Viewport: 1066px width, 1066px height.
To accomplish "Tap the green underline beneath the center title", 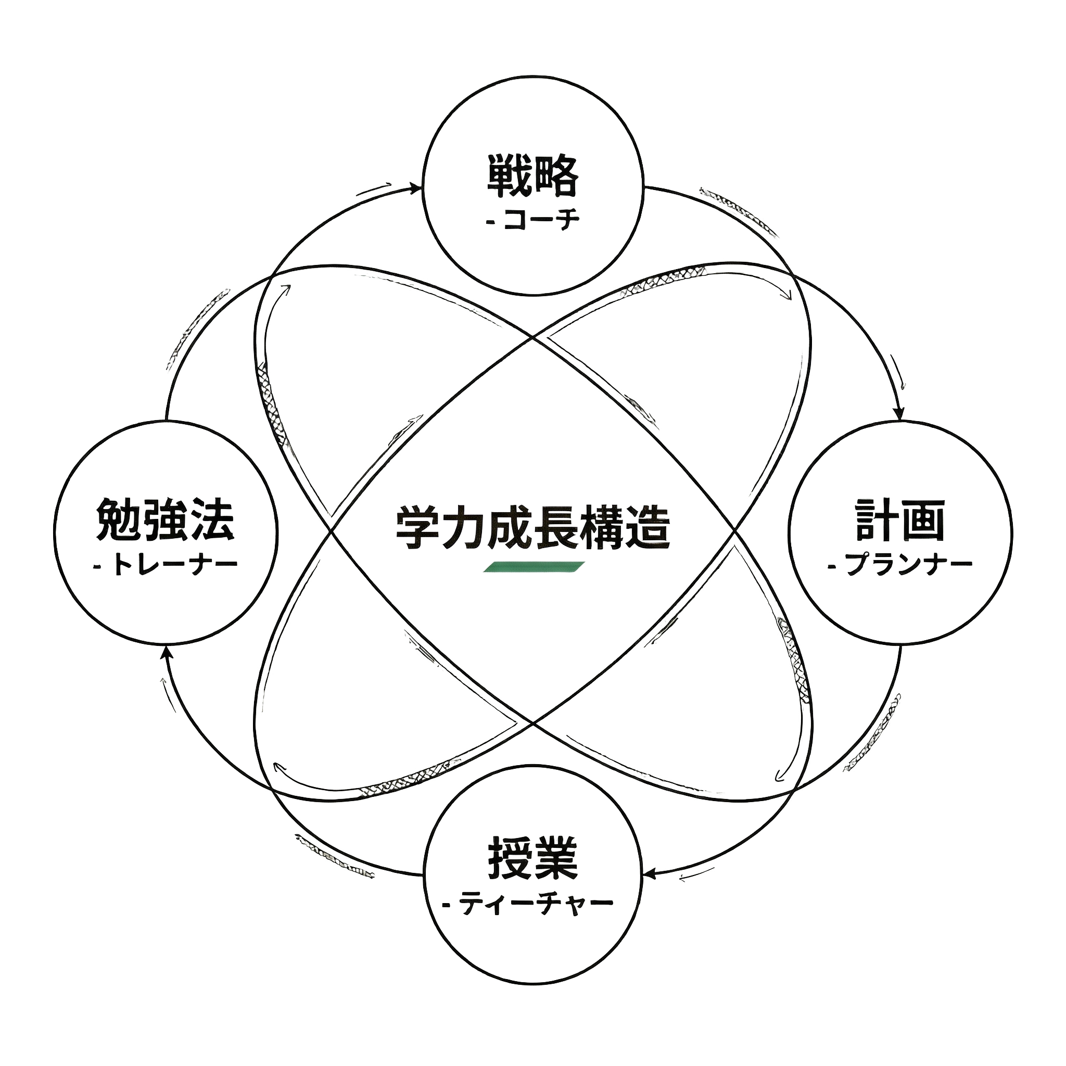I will click(532, 567).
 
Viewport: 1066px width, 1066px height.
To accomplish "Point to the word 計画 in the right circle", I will click(900, 521).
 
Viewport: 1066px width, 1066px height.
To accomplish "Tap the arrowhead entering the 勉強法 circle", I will click(167, 653).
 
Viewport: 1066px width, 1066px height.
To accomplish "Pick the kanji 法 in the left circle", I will click(212, 521).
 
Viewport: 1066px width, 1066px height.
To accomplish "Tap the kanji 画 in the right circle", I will click(923, 521).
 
